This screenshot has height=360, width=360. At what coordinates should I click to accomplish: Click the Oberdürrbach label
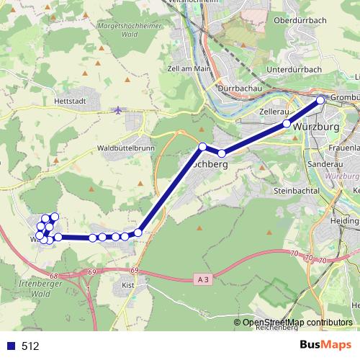tap(301, 20)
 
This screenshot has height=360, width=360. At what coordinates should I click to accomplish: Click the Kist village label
tap(129, 286)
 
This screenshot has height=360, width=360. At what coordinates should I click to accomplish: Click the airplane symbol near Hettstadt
tap(118, 109)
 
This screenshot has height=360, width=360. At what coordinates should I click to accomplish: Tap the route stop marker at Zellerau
tap(287, 124)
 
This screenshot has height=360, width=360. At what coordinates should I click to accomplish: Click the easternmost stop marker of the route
tap(320, 100)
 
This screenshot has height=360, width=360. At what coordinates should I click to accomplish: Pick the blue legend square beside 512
tap(12, 346)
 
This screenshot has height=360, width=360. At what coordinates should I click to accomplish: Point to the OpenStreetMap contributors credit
tap(298, 323)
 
